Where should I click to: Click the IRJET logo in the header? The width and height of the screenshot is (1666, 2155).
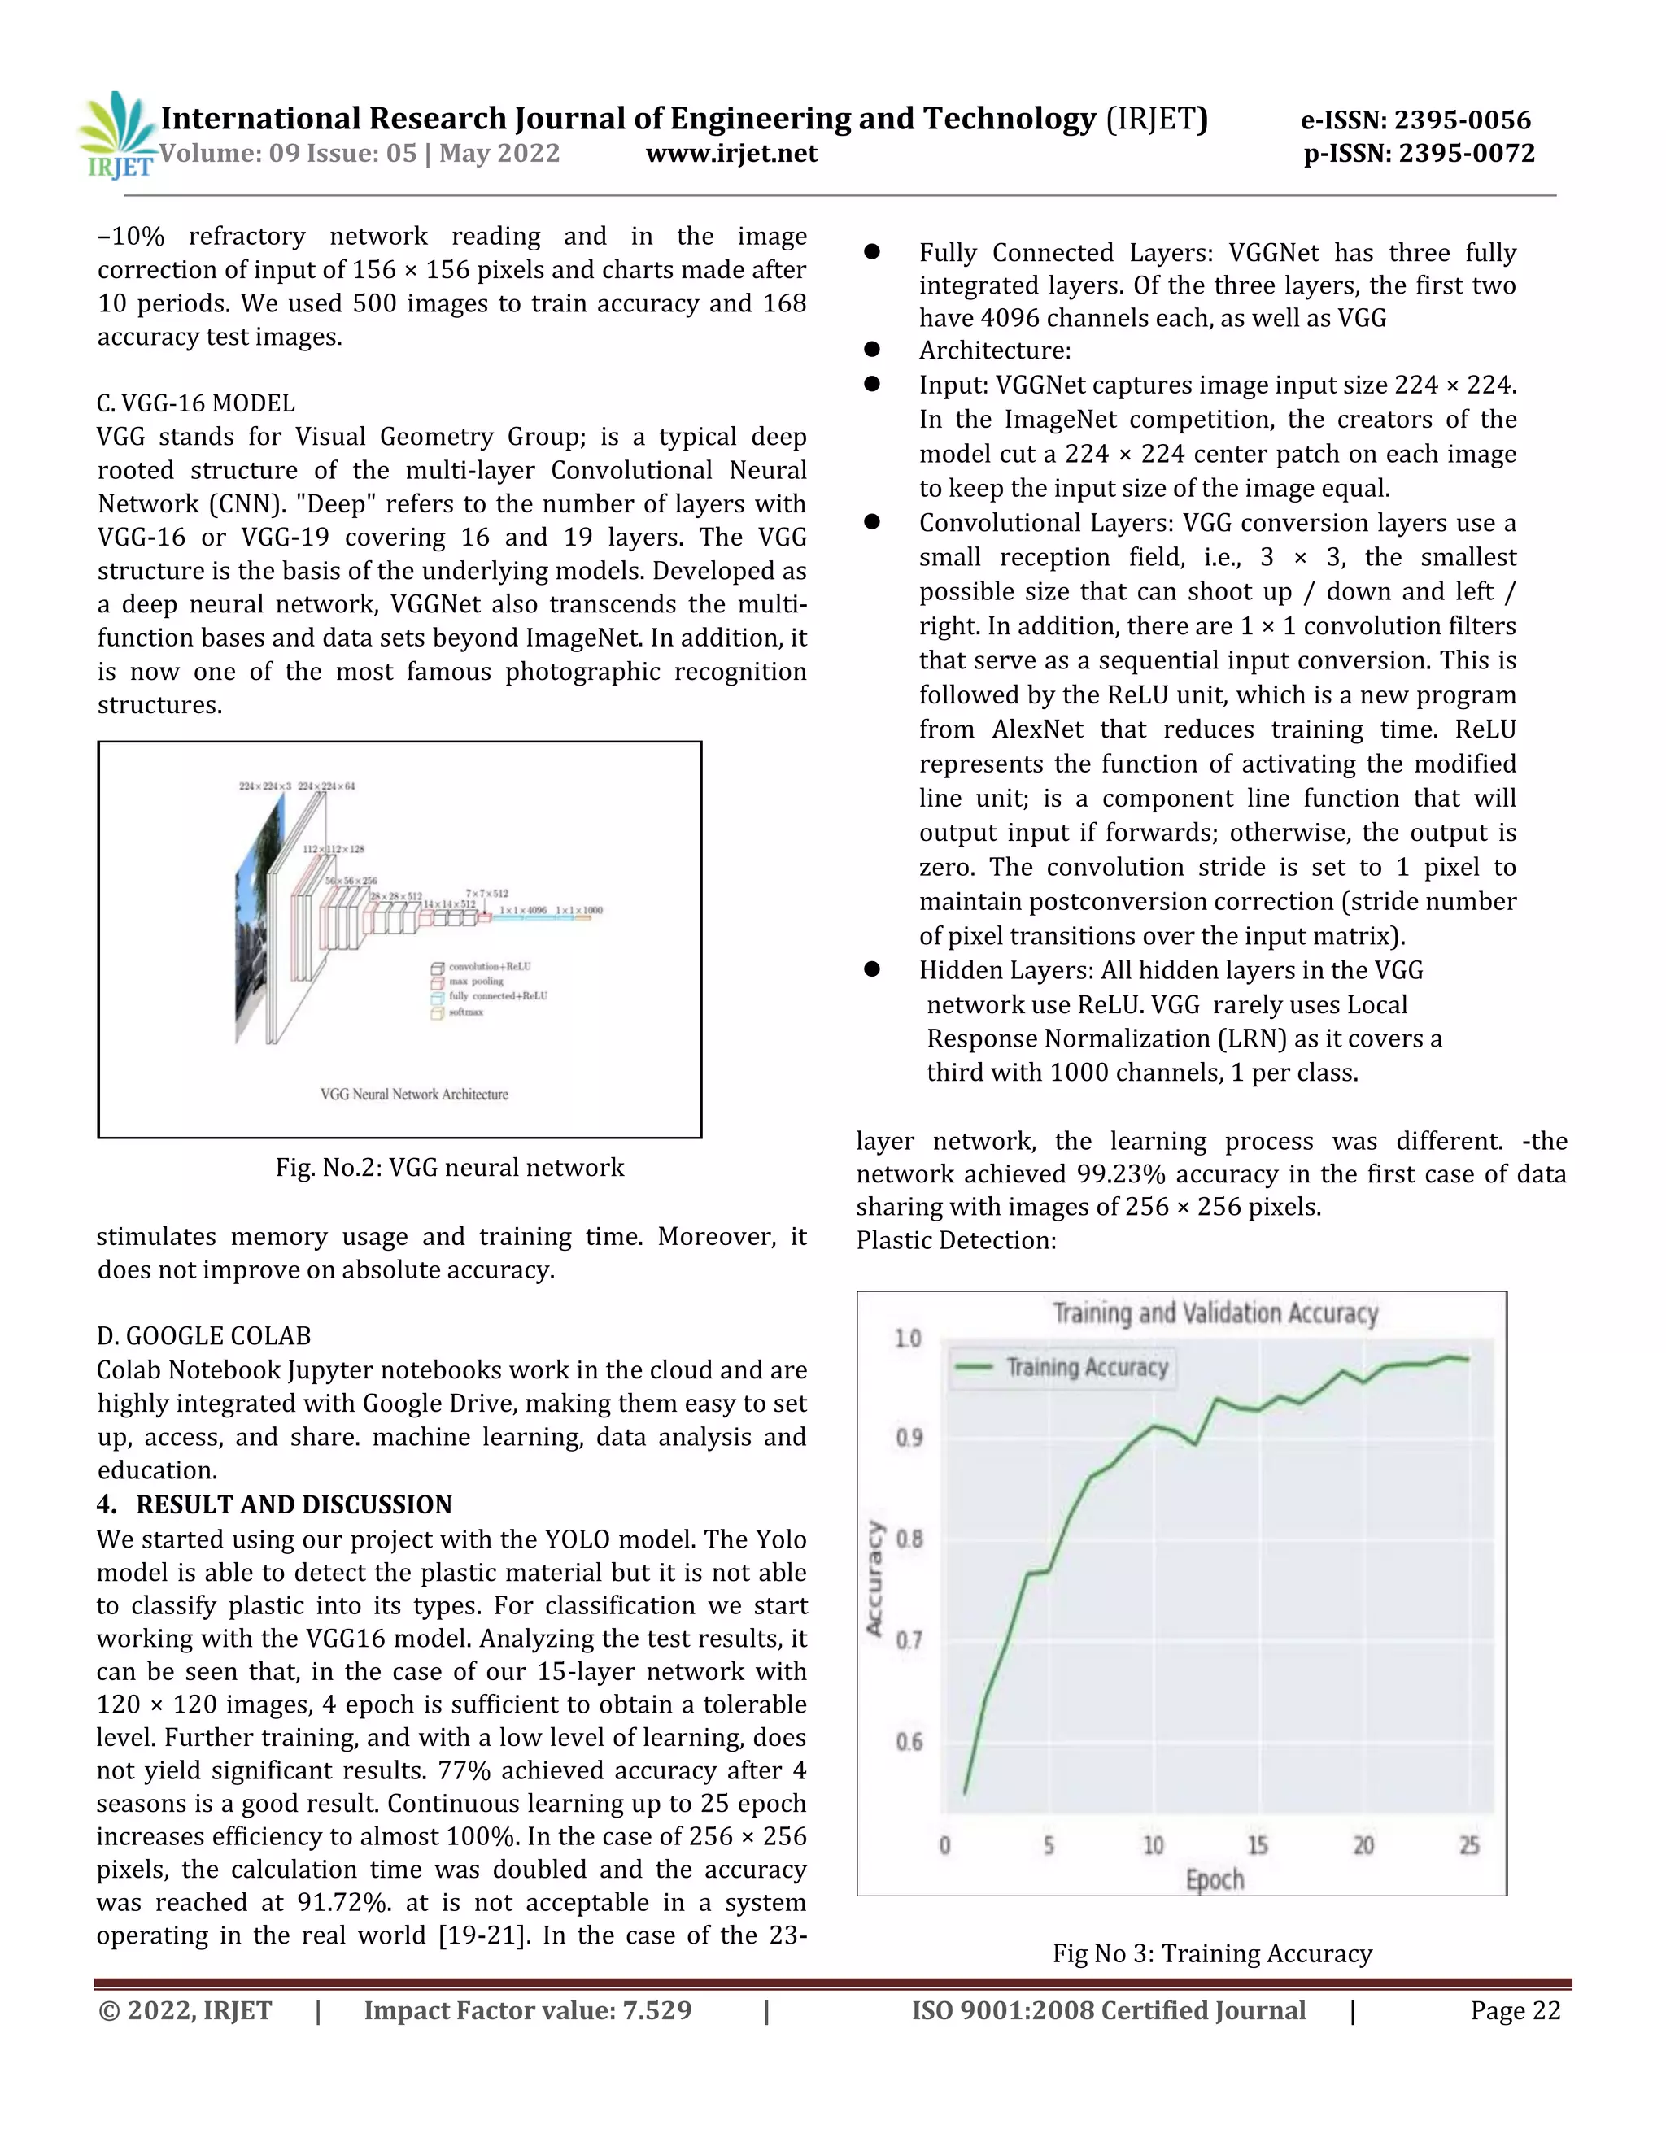116,135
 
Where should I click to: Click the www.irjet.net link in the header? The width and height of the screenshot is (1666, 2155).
731,154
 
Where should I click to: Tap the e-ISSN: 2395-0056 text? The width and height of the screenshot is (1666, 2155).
1415,120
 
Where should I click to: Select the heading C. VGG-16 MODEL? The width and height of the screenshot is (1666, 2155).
195,403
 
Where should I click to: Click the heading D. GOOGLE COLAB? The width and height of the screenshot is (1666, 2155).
203,1336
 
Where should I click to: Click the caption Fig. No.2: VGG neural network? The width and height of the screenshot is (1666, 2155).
449,1167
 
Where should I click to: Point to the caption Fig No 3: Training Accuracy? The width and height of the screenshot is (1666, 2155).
1212,1953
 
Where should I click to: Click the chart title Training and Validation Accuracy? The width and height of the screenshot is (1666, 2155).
1215,1313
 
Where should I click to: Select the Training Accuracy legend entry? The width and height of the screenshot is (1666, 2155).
1064,1368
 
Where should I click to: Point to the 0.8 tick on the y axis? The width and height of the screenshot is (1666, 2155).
909,1539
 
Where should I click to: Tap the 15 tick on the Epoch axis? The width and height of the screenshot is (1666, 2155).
1258,1845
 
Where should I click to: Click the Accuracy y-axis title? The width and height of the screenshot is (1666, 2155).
874,1578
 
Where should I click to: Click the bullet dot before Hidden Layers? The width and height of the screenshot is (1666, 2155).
871,969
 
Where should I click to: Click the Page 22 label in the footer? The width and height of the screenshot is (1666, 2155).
1515,2011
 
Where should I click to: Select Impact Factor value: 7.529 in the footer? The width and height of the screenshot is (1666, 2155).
527,2011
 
